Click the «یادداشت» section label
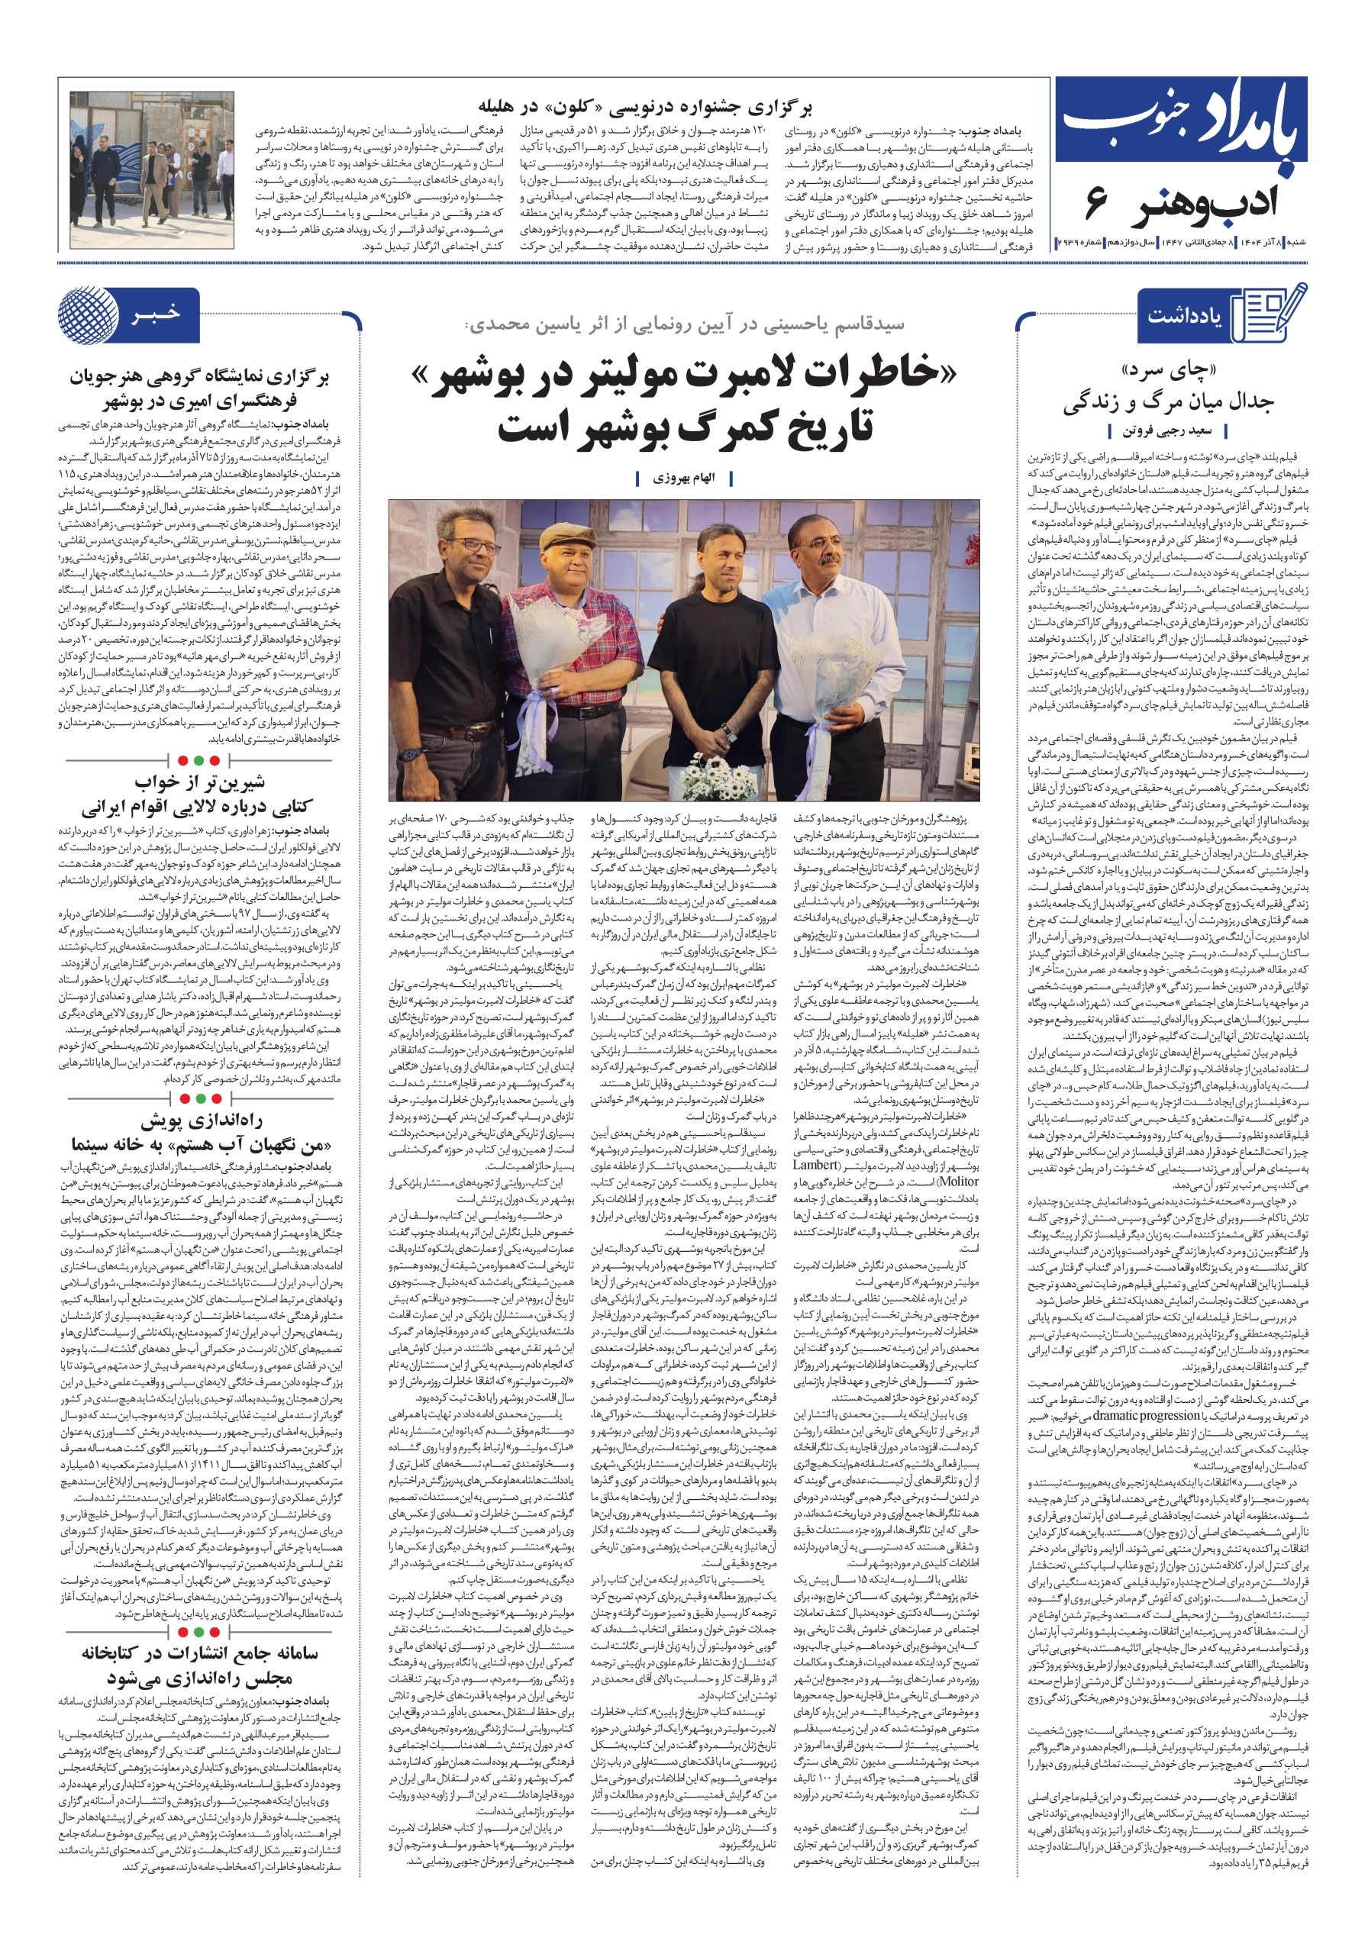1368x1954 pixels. pyautogui.click(x=1184, y=316)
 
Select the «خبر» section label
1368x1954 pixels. pyautogui.click(x=156, y=314)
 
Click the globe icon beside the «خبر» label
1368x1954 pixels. pyautogui.click(x=86, y=315)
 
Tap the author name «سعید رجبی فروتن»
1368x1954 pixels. pyautogui.click(x=1166, y=430)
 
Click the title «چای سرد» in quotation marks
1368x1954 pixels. pyautogui.click(x=1168, y=371)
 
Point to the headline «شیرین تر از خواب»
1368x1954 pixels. pyautogui.click(x=199, y=782)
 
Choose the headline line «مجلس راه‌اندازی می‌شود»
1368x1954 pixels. pyautogui.click(x=199, y=1678)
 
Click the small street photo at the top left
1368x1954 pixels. pyautogui.click(x=151, y=169)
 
